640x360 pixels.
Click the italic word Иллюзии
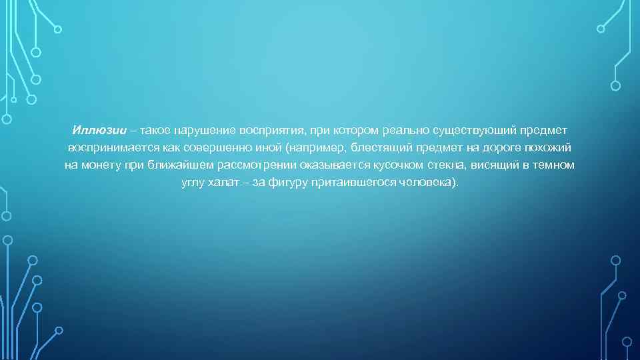[95, 128]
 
